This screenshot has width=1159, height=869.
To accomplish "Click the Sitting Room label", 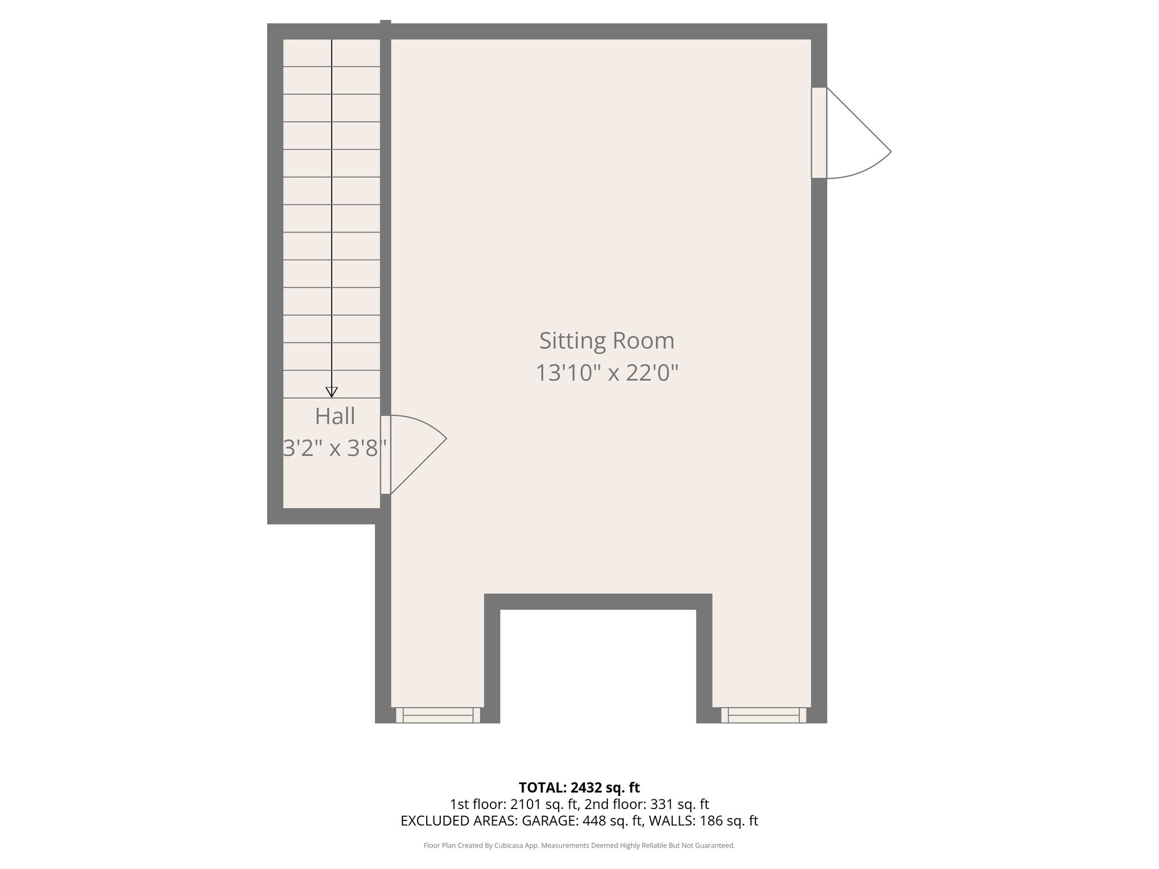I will [607, 341].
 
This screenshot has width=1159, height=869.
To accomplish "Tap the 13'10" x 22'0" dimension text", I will [607, 373].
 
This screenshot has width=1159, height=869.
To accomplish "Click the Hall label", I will [335, 416].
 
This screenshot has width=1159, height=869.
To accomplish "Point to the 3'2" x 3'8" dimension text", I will [335, 449].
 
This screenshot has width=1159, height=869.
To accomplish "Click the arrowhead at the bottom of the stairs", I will [332, 392].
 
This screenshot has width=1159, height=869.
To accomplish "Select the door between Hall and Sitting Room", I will [385, 454].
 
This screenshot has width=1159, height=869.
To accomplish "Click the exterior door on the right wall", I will [819, 133].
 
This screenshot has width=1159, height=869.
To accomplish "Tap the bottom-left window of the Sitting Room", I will [438, 715].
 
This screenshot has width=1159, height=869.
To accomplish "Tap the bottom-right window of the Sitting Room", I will [763, 715].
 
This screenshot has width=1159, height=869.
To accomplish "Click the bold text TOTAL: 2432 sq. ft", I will [579, 787].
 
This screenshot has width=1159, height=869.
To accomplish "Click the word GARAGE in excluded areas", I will [551, 821].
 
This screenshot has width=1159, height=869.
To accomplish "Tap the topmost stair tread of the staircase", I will [332, 53].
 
